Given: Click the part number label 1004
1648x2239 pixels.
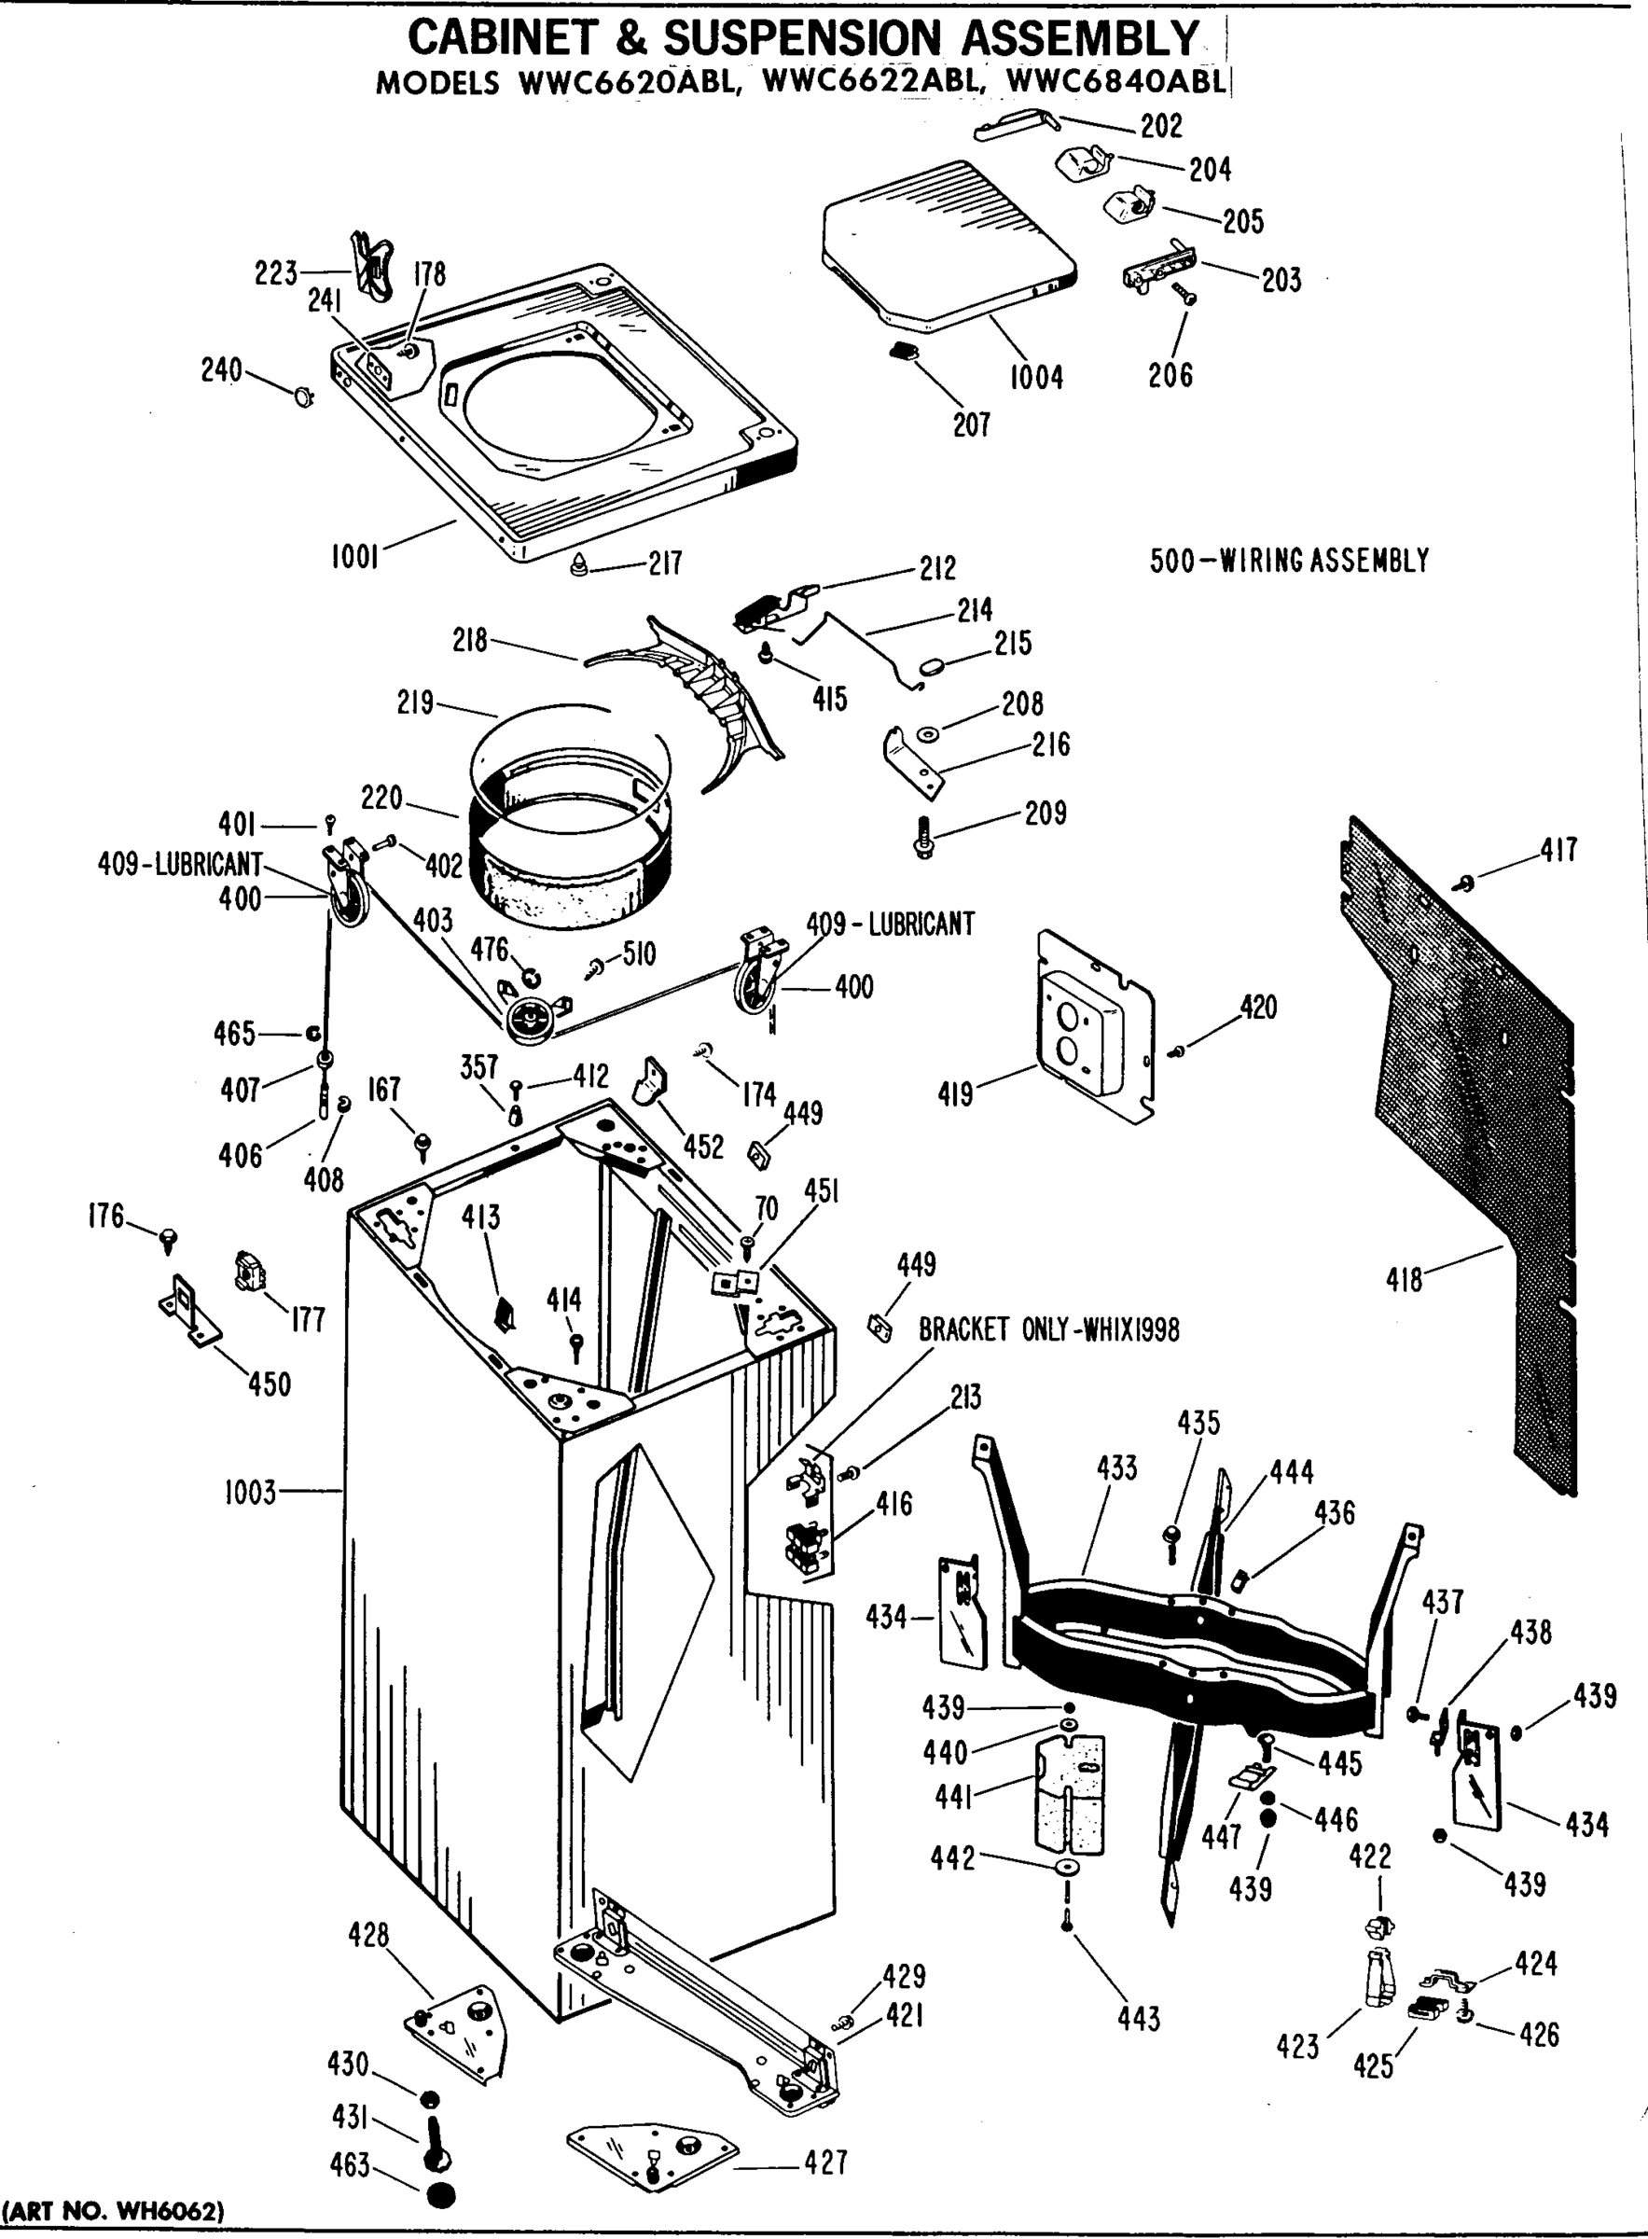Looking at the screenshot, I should (1035, 377).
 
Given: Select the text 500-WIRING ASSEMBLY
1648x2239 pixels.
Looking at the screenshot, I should (1289, 561).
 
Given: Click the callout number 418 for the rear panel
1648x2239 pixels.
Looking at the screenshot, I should (1404, 1279).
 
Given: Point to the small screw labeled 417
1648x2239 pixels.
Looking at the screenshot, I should (1465, 881).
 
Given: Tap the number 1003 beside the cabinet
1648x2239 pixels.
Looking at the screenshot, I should (249, 1493).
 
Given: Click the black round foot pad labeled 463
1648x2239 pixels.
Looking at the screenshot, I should (440, 2196).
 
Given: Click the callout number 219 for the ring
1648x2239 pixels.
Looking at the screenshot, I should (415, 702).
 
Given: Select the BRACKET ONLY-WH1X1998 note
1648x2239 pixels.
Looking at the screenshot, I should (1048, 1330).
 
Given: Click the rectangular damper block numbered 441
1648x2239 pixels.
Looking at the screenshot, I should (1071, 1795).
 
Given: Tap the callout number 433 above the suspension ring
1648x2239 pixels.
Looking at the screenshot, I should (1116, 1467).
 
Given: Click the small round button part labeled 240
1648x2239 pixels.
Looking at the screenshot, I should (302, 396).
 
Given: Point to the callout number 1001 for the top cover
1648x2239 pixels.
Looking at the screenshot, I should (355, 557).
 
